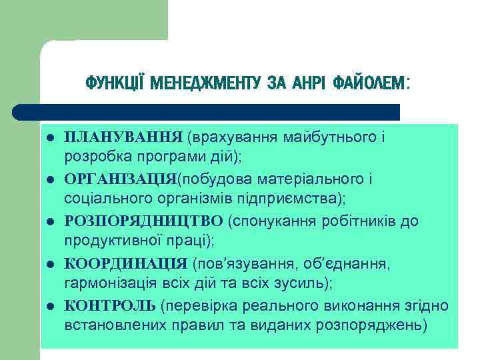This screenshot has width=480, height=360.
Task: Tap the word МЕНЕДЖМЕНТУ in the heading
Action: tap(205, 83)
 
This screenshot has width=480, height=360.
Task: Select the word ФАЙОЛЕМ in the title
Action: tap(369, 83)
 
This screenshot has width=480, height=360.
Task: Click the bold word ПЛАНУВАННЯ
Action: tap(123, 137)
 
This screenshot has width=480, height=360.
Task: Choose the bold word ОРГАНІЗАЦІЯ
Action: tap(121, 179)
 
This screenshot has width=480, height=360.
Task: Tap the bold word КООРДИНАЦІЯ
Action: tap(126, 263)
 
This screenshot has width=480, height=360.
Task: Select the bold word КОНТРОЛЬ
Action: tap(111, 305)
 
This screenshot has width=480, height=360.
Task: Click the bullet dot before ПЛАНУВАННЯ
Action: tap(50, 139)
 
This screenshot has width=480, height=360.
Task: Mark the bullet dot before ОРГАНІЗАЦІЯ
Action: tap(50, 180)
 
